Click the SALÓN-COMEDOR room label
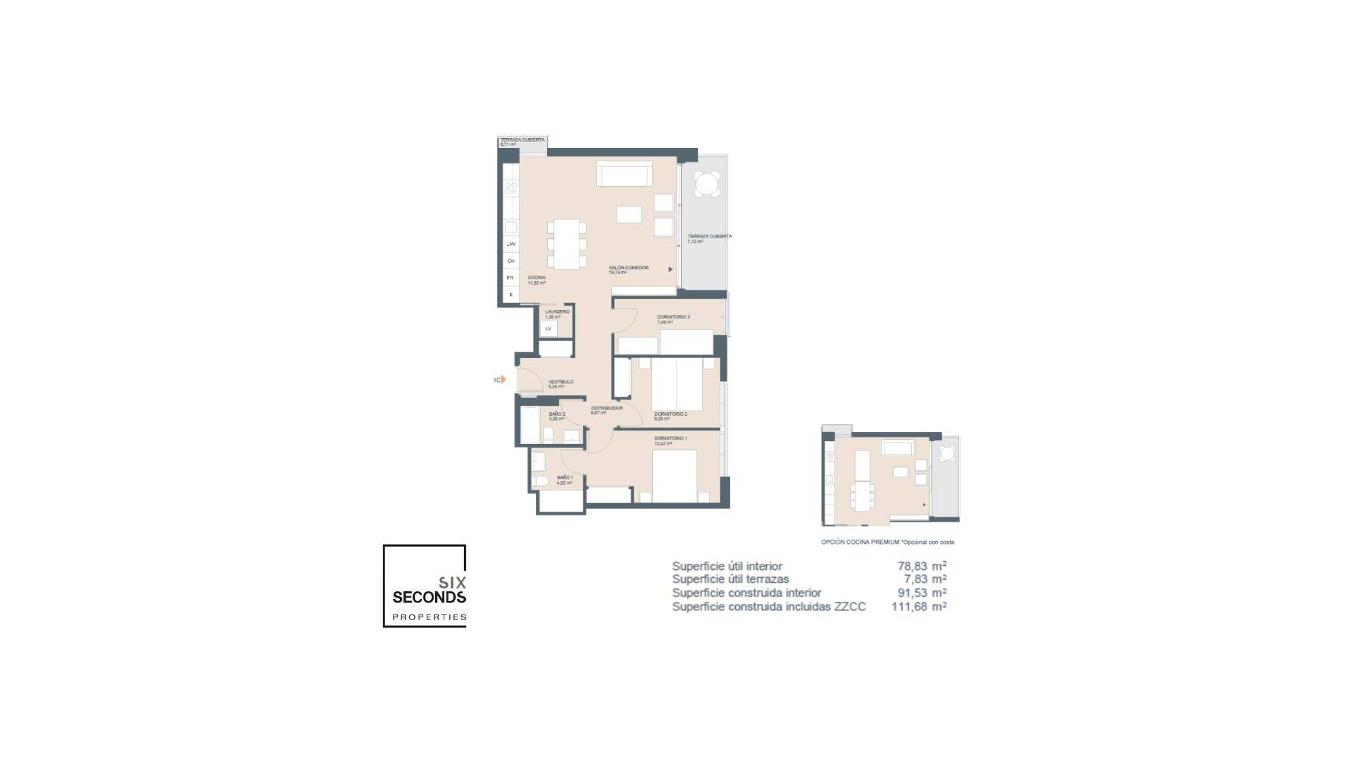628,268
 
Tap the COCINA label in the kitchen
537,278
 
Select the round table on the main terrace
706,184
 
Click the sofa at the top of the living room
623,174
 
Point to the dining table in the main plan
566,244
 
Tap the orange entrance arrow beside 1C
503,380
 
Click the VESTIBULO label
561,382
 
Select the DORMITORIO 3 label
673,317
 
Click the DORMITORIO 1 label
670,438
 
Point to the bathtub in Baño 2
530,425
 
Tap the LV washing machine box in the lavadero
549,328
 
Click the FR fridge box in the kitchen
511,278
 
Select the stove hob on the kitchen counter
511,188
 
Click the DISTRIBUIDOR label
606,408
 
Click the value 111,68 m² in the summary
918,606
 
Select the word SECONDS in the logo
429,598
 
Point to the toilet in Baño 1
541,481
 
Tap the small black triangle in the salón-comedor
670,269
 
